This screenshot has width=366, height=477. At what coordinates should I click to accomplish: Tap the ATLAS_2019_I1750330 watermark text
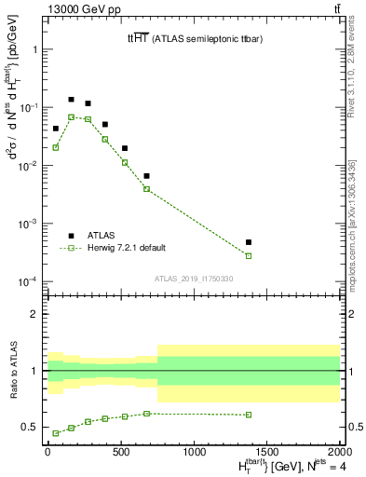[x=192, y=279]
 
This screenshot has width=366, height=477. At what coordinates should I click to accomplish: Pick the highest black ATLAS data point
[x=72, y=99]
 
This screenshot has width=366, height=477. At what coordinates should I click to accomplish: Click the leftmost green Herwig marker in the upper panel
[x=56, y=147]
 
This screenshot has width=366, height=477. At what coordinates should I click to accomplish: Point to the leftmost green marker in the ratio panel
[x=56, y=433]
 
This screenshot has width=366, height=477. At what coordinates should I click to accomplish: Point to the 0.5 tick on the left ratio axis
[x=32, y=428]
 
